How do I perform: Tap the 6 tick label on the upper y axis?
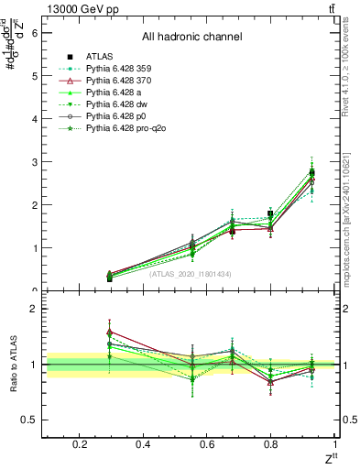(35, 32)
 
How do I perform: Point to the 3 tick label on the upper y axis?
(35, 162)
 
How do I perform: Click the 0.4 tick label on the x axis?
(143, 444)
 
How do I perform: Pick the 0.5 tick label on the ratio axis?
(30, 420)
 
